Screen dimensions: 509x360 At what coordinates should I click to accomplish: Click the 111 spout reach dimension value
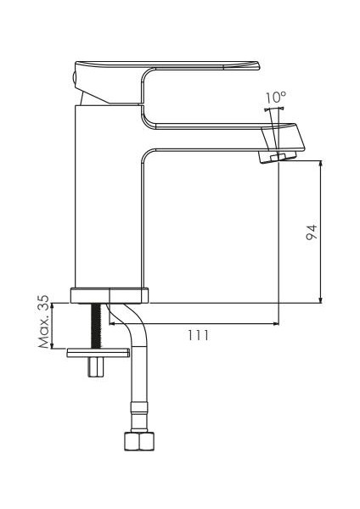(198, 335)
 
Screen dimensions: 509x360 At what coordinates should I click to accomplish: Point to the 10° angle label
(276, 98)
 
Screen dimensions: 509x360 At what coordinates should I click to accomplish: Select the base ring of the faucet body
(110, 295)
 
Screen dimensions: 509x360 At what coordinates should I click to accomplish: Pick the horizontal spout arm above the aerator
(221, 136)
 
